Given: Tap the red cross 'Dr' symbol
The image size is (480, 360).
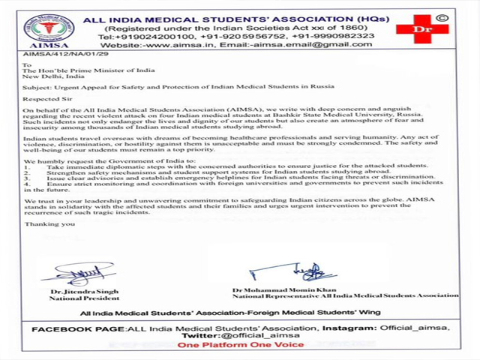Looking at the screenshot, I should coord(422,28).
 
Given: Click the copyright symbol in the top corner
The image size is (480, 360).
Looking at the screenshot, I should coord(442,14).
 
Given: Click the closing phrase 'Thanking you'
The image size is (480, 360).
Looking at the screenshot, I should coord(49,224).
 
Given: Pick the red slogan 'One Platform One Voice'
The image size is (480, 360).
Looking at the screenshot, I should coord(240,345).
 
